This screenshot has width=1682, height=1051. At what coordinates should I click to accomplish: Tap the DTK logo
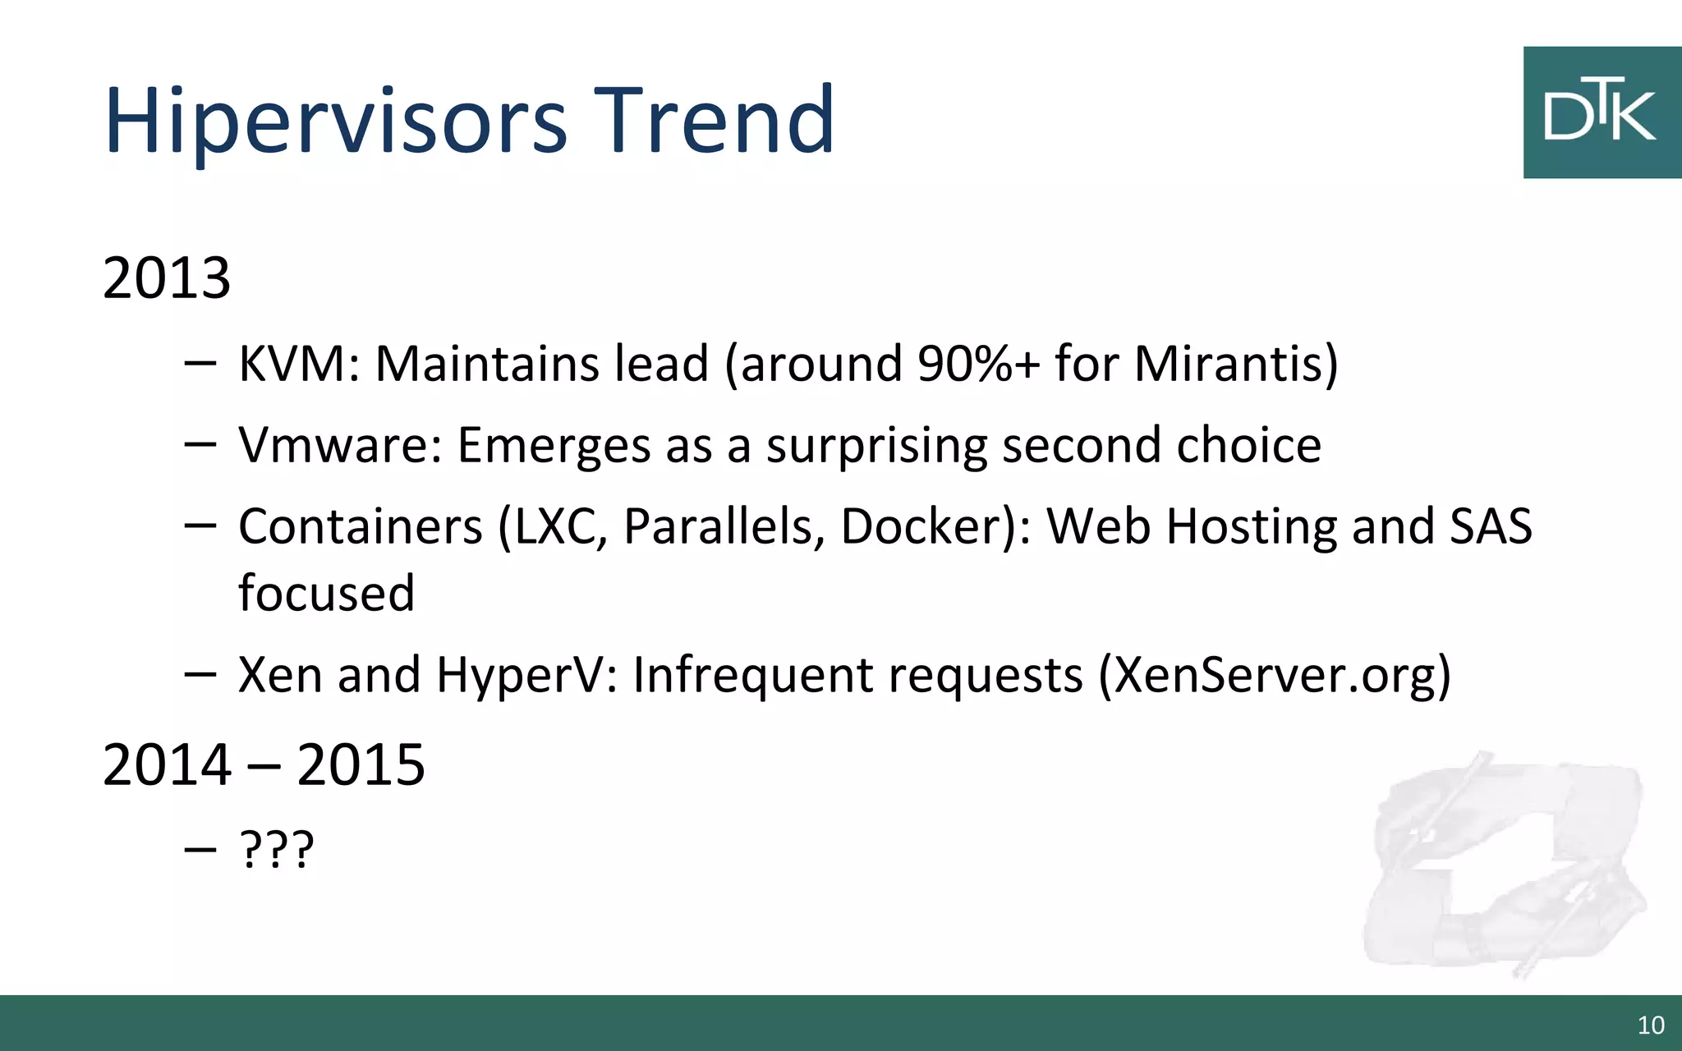click(x=1601, y=112)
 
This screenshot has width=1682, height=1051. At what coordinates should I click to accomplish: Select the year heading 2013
click(x=167, y=278)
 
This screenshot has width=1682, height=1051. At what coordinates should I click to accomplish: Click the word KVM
click(x=292, y=364)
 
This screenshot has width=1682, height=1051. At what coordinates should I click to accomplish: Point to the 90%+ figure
click(x=978, y=364)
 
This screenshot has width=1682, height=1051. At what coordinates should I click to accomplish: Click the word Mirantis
click(x=1229, y=364)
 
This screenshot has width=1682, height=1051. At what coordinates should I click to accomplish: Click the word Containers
click(x=360, y=526)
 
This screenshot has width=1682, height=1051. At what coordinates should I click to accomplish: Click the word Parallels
click(x=723, y=526)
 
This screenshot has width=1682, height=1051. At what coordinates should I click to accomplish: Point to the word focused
click(x=326, y=593)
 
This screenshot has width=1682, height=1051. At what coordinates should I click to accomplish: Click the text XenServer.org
click(x=1274, y=676)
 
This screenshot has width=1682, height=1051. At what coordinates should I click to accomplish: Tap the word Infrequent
click(x=752, y=676)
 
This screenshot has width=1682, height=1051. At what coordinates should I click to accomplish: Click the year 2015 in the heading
click(x=361, y=765)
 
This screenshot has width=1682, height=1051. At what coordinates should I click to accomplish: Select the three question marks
click(x=276, y=850)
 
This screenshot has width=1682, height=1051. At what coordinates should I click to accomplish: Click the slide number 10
click(x=1651, y=1025)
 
